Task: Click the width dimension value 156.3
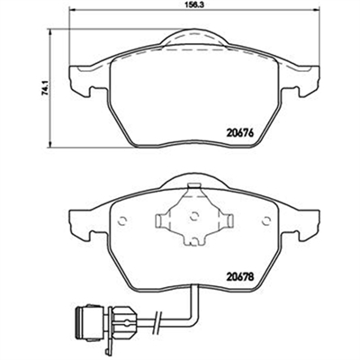click(194, 4)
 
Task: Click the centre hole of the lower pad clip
click(194, 216)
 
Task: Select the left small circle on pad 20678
click(122, 221)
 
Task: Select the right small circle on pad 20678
click(265, 221)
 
